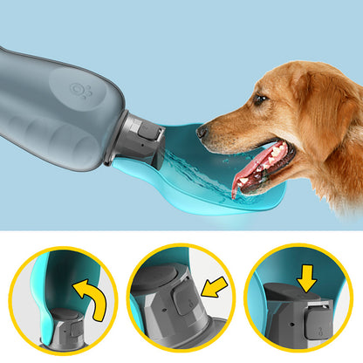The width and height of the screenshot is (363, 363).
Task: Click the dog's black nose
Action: tap(202, 132)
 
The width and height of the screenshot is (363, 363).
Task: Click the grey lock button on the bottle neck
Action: tap(149, 134)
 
